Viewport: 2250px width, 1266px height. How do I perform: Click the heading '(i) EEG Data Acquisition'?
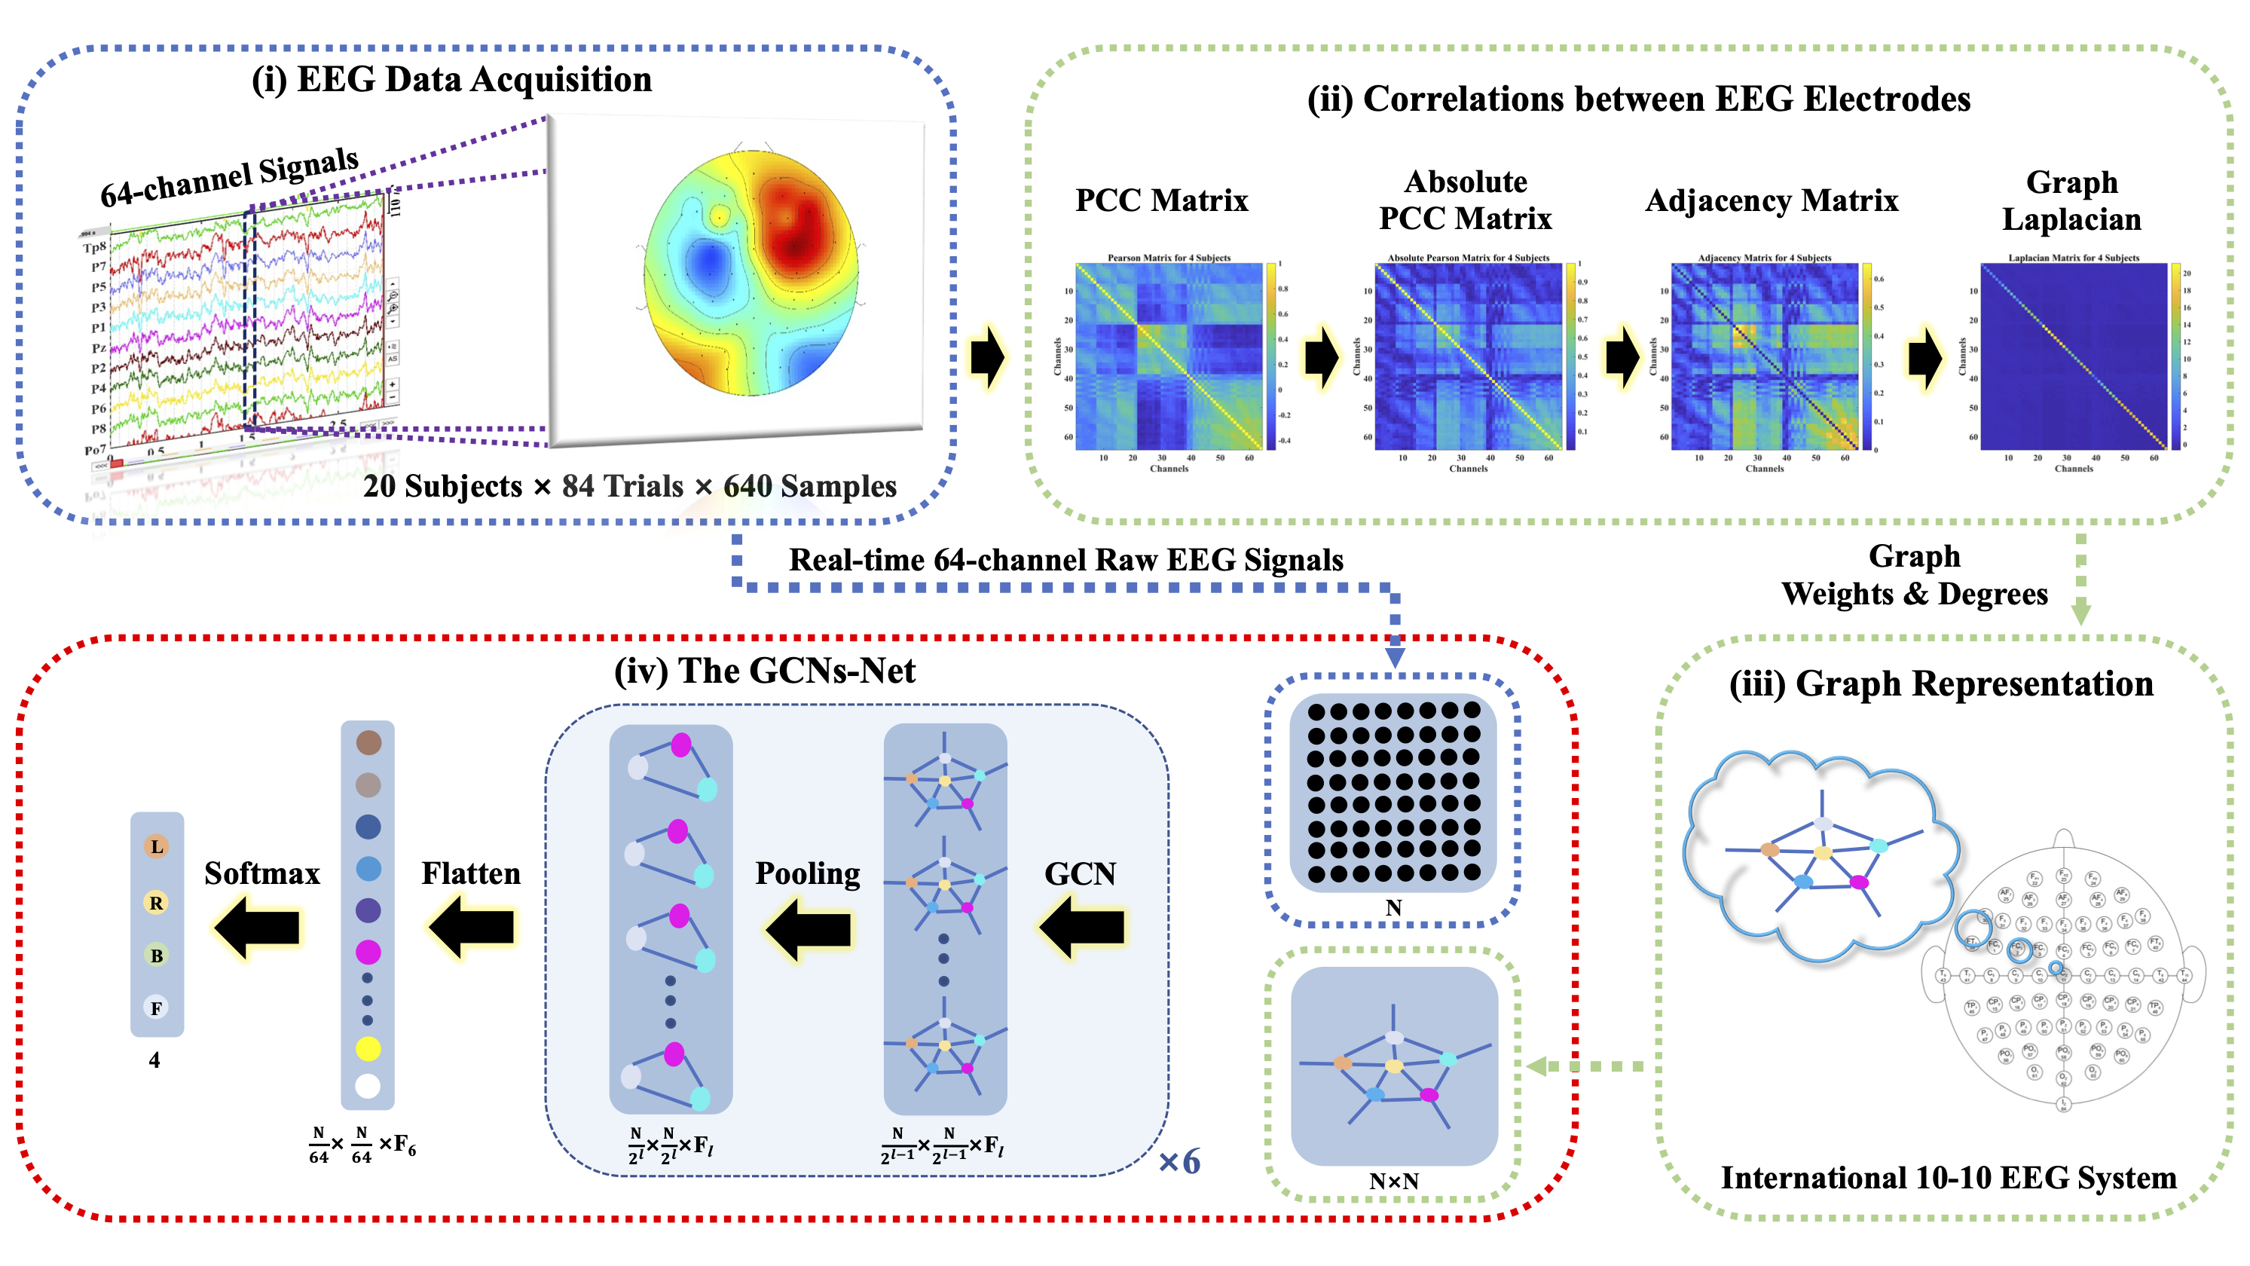click(x=451, y=80)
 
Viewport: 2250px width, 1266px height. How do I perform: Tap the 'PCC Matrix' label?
click(x=1161, y=200)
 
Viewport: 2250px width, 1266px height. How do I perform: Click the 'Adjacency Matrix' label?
click(x=1772, y=201)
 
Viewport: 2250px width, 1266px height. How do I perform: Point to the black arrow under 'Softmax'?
click(x=258, y=928)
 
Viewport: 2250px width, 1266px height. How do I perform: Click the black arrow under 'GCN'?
click(x=1082, y=928)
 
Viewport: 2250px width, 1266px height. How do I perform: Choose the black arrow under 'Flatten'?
click(x=472, y=928)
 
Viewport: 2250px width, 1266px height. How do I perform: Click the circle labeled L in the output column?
click(x=156, y=846)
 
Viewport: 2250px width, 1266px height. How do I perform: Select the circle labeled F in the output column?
click(x=156, y=1008)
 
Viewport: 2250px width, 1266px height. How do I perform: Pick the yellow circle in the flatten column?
click(x=368, y=1048)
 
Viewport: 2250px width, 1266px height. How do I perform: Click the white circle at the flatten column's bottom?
click(x=368, y=1086)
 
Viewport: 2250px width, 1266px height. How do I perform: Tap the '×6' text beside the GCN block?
click(x=1179, y=1162)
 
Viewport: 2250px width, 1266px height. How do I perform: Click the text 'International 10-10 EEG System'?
click(x=1948, y=1178)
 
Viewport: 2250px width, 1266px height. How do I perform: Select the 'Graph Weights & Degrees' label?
click(x=1914, y=575)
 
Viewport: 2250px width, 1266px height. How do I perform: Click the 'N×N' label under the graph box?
click(x=1393, y=1182)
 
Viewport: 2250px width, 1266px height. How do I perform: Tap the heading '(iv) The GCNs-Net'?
click(x=764, y=671)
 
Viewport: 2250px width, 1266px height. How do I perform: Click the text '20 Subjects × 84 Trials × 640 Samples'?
click(x=630, y=486)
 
